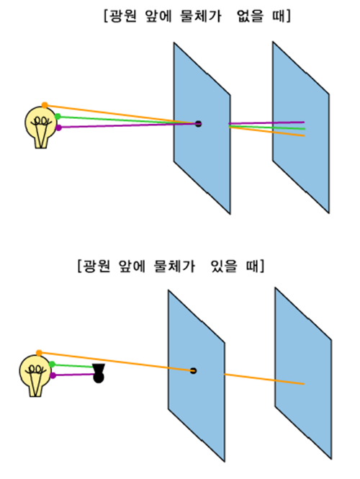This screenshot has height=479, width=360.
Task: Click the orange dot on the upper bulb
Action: pos(45,105)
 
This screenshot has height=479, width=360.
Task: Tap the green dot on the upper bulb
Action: pos(58,117)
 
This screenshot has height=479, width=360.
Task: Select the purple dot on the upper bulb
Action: pos(58,127)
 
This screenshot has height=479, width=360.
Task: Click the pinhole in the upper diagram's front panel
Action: pos(199,124)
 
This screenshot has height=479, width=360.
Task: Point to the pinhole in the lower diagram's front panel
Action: pos(193,371)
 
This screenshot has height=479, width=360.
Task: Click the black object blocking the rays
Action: pos(99,373)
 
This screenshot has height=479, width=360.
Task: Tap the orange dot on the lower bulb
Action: pos(39,353)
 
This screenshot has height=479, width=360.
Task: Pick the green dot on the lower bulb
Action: pos(53,364)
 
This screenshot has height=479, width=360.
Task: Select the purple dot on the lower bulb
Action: pos(53,375)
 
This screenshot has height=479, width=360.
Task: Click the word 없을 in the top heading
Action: pos(250,16)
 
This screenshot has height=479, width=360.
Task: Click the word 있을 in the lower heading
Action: pos(223,266)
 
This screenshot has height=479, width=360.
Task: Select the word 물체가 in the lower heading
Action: pos(174,266)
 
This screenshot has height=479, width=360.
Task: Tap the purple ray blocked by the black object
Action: pos(74,375)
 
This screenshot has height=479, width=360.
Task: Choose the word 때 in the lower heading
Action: pos(252,266)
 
